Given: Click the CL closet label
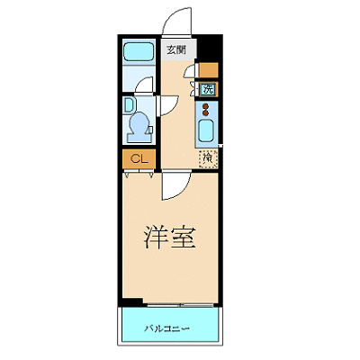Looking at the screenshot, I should coord(139,159).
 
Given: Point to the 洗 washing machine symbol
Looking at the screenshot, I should coord(208,89).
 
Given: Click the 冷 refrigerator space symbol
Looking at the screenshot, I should coord(208,159).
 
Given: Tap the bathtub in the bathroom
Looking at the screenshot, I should coord(139,55).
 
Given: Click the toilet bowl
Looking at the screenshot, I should coord(140,125).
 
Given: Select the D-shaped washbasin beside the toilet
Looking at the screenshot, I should coord(129,103).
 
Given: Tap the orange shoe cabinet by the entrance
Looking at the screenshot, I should coord(208,69).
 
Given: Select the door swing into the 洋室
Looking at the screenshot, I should coord(173,185).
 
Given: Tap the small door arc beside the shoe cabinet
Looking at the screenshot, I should coord(191,75).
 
